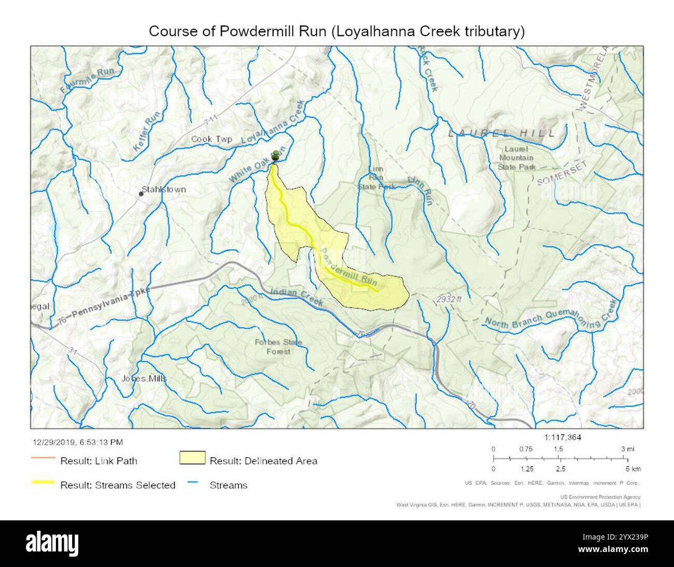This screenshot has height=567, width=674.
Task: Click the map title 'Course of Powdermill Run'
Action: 336,31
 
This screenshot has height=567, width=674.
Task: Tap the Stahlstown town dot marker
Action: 141,194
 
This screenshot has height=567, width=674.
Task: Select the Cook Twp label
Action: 211,139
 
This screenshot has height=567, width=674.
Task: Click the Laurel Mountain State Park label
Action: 516,158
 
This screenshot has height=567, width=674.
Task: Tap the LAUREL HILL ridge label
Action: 501,133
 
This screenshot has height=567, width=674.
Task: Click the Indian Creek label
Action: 297,297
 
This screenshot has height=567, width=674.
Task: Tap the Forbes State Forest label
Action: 278,347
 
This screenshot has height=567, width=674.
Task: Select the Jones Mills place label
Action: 144,378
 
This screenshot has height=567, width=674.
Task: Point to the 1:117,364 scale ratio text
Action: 563,437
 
